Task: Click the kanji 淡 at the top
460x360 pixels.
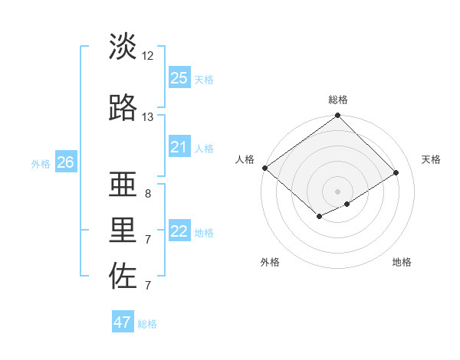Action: click(x=123, y=47)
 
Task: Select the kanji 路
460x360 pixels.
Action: click(x=123, y=108)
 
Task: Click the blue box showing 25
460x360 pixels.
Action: click(x=179, y=78)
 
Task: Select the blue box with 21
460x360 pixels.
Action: click(x=179, y=147)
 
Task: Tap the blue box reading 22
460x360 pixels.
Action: click(x=179, y=231)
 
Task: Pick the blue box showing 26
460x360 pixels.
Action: click(x=66, y=162)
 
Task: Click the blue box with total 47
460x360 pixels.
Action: click(x=123, y=322)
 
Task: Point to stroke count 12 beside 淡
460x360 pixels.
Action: click(x=148, y=56)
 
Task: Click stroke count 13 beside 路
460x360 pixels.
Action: click(x=148, y=117)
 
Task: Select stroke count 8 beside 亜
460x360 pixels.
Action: click(x=147, y=194)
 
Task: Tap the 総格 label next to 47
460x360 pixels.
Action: click(x=148, y=324)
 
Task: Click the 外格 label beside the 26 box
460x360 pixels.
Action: click(x=41, y=163)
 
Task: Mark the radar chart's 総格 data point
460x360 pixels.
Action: click(x=337, y=116)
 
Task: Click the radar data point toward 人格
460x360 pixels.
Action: click(x=264, y=168)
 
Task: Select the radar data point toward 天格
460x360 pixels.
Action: click(x=396, y=172)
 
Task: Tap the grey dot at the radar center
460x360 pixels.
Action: click(x=337, y=191)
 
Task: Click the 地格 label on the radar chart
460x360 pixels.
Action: click(x=402, y=262)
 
